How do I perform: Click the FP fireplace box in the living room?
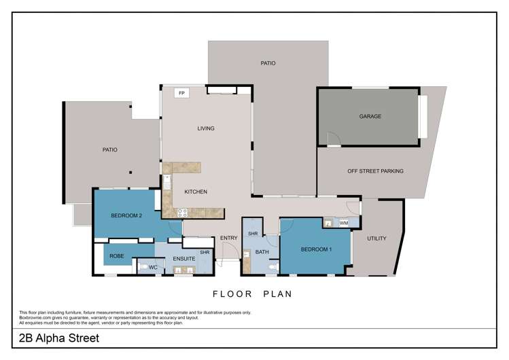pyautogui.click(x=181, y=93)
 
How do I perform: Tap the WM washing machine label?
pyautogui.click(x=344, y=222)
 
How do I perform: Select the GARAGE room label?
pyautogui.click(x=370, y=116)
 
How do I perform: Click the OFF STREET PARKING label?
pyautogui.click(x=375, y=171)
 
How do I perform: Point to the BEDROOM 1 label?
pyautogui.click(x=316, y=249)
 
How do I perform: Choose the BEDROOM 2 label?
pyautogui.click(x=126, y=215)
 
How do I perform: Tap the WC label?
pyautogui.click(x=153, y=268)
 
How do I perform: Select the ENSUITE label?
pyautogui.click(x=184, y=259)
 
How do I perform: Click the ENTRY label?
pyautogui.click(x=228, y=238)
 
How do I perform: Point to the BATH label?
pyautogui.click(x=262, y=253)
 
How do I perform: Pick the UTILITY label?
pyautogui.click(x=376, y=238)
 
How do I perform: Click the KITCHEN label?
pyautogui.click(x=196, y=192)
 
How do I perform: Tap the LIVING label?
pyautogui.click(x=206, y=128)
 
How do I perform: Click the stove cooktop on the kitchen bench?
pyautogui.click(x=182, y=213)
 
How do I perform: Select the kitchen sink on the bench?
pyautogui.click(x=166, y=182)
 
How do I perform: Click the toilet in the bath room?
pyautogui.click(x=272, y=268)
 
